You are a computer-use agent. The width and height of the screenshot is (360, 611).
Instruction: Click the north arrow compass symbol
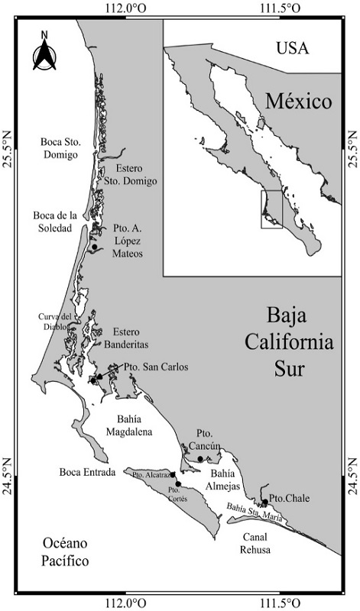click(44, 50)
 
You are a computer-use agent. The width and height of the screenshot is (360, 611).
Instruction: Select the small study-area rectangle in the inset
click(271, 209)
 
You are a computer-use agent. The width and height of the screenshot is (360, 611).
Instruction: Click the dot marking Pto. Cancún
click(200, 459)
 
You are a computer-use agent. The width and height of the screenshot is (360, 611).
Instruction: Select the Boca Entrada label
click(87, 472)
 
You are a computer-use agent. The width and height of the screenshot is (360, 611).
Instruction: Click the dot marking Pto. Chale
click(264, 503)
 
